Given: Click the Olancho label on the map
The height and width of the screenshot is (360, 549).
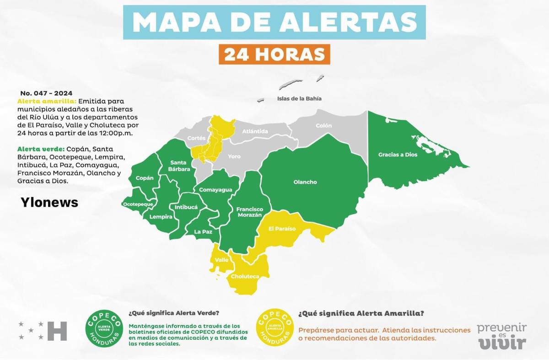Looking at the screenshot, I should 305,182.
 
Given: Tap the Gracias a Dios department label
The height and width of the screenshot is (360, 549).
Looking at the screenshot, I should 398,155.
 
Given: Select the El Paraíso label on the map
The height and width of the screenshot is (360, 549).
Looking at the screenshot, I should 282,228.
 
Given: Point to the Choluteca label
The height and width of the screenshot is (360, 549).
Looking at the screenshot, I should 245,276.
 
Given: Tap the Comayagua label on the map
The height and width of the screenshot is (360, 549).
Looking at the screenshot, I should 212,190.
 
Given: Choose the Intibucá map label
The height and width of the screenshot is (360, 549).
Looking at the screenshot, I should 186,207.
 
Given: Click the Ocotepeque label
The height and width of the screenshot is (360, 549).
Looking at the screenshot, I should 137,204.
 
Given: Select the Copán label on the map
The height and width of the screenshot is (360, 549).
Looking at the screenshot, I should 145,178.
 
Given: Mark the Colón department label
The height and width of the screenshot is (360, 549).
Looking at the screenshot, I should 323,125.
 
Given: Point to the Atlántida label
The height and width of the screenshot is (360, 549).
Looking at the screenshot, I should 255,132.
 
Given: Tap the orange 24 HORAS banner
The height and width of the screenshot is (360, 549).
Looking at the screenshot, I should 274,54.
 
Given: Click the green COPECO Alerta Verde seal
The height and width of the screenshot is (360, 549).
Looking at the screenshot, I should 104,328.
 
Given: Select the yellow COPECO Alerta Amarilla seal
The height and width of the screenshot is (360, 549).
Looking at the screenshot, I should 275,328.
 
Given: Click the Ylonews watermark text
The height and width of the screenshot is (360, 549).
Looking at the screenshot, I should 49,202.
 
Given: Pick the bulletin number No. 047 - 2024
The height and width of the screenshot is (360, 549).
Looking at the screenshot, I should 46,93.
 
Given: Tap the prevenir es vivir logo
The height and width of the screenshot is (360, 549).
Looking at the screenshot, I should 502,336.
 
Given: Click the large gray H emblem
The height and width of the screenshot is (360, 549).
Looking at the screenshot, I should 57,331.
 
